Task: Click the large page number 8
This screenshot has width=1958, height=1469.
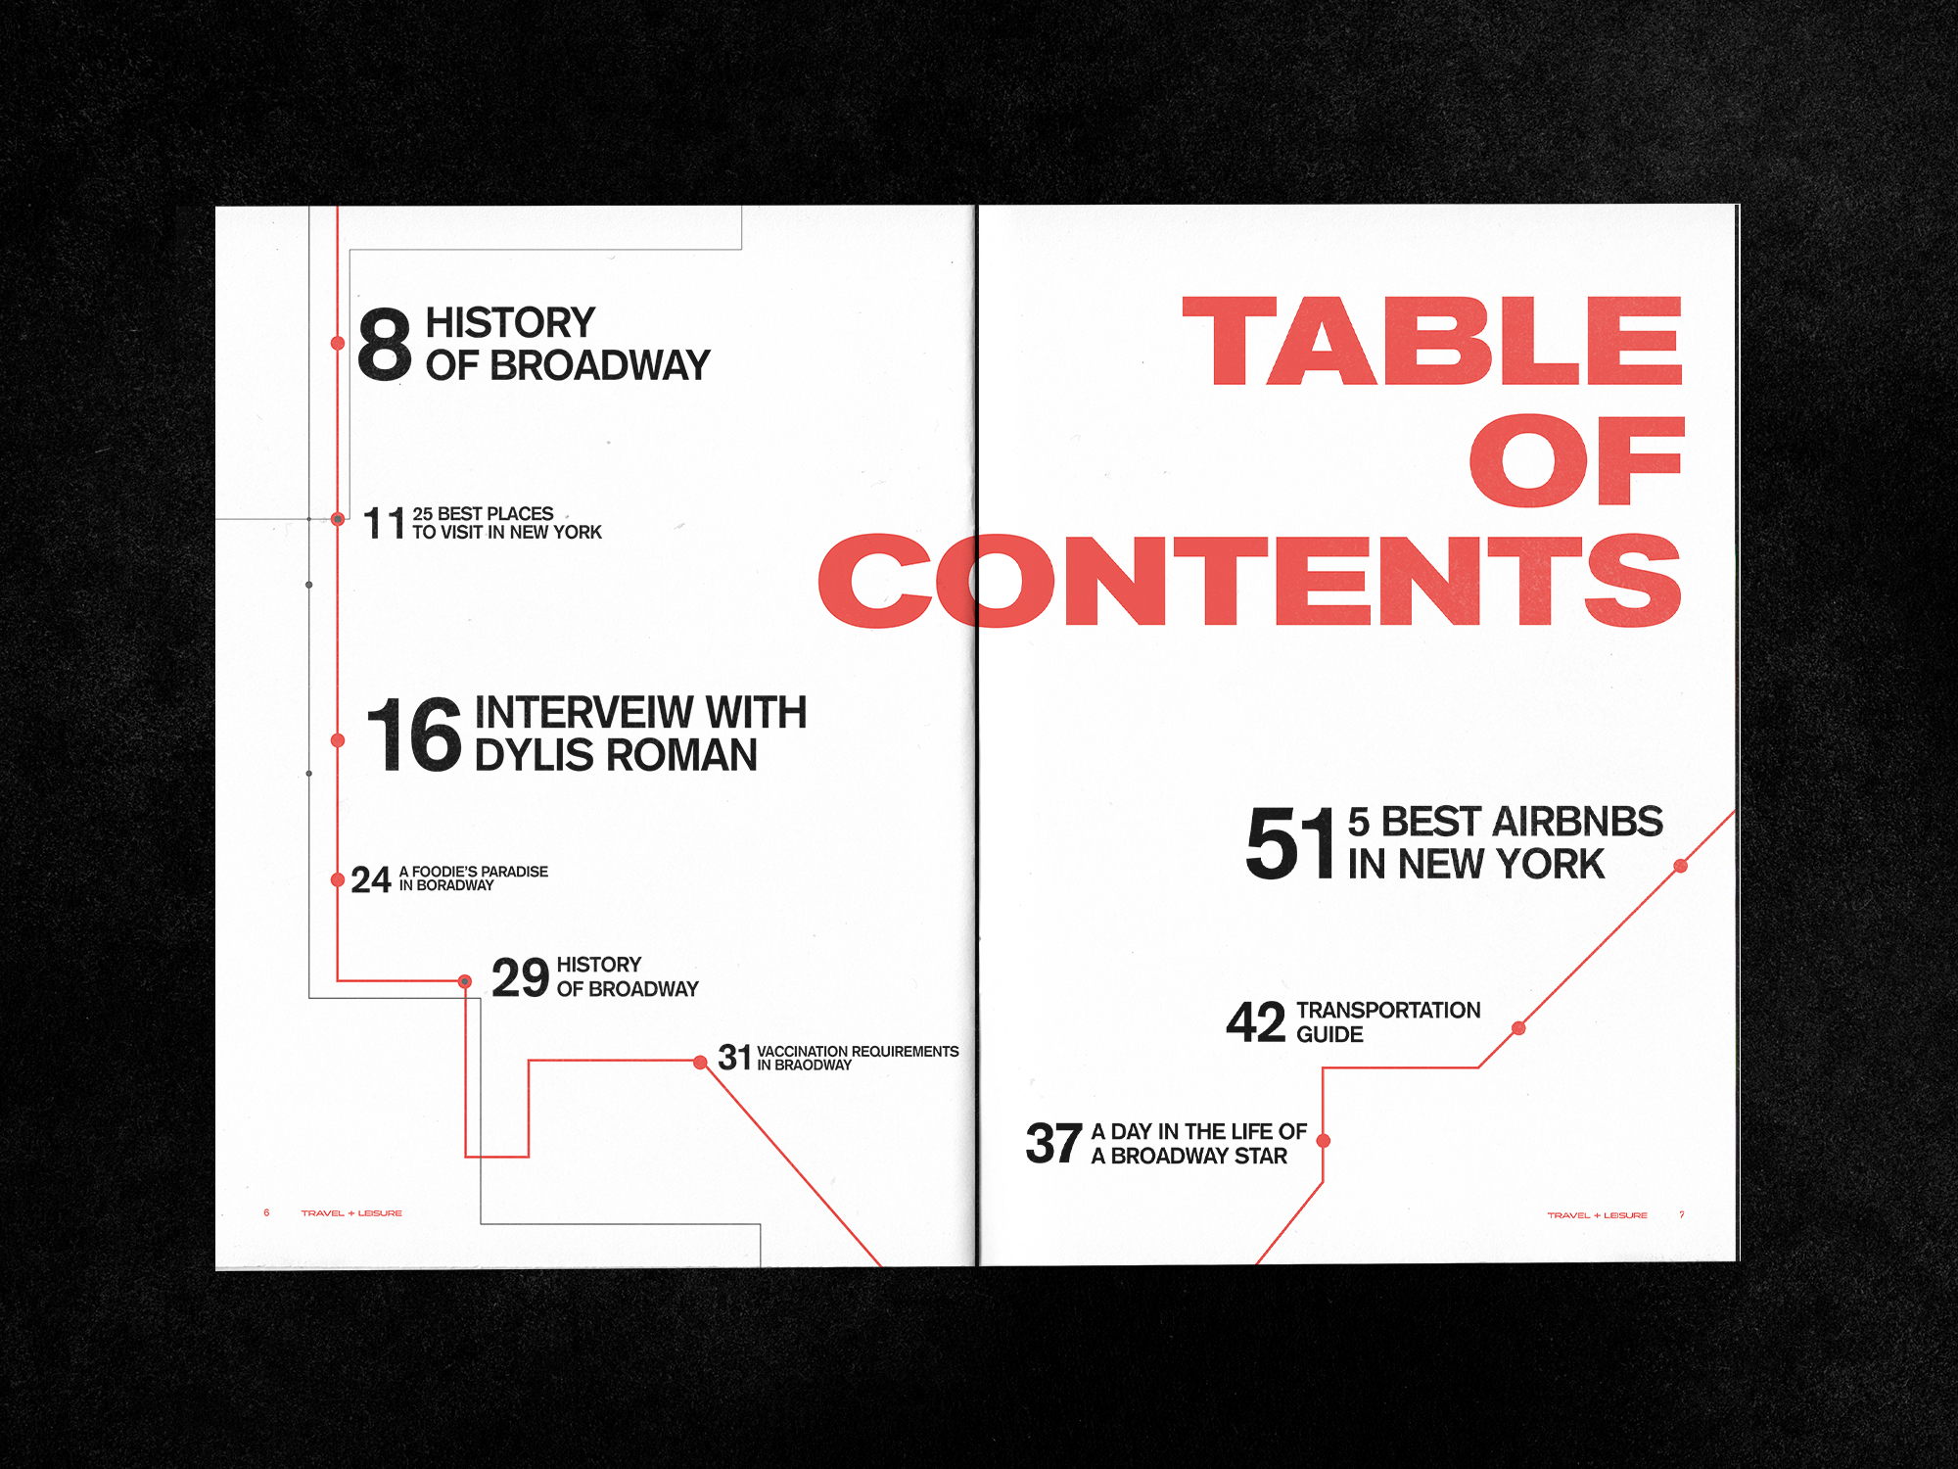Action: pos(385,343)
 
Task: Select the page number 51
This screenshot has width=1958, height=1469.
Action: pos(1290,842)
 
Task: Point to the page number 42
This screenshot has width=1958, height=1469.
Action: pos(1255,1021)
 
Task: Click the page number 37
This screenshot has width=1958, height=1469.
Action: pos(1053,1144)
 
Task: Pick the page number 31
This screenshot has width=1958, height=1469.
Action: pos(734,1058)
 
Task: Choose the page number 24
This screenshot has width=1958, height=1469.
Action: pos(371,879)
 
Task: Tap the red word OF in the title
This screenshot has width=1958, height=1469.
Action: pos(1576,460)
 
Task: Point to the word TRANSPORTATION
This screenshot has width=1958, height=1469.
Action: pos(1388,1010)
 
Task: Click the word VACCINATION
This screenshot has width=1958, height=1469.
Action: pos(802,1051)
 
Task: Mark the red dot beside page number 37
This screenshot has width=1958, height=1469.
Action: pos(1324,1141)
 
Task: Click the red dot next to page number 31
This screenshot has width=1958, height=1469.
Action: pos(700,1063)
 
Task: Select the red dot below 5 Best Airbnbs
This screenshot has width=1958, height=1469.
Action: pos(1681,866)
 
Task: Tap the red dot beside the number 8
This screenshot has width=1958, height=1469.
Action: pos(338,343)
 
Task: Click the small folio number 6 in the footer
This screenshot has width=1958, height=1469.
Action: pos(266,1212)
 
